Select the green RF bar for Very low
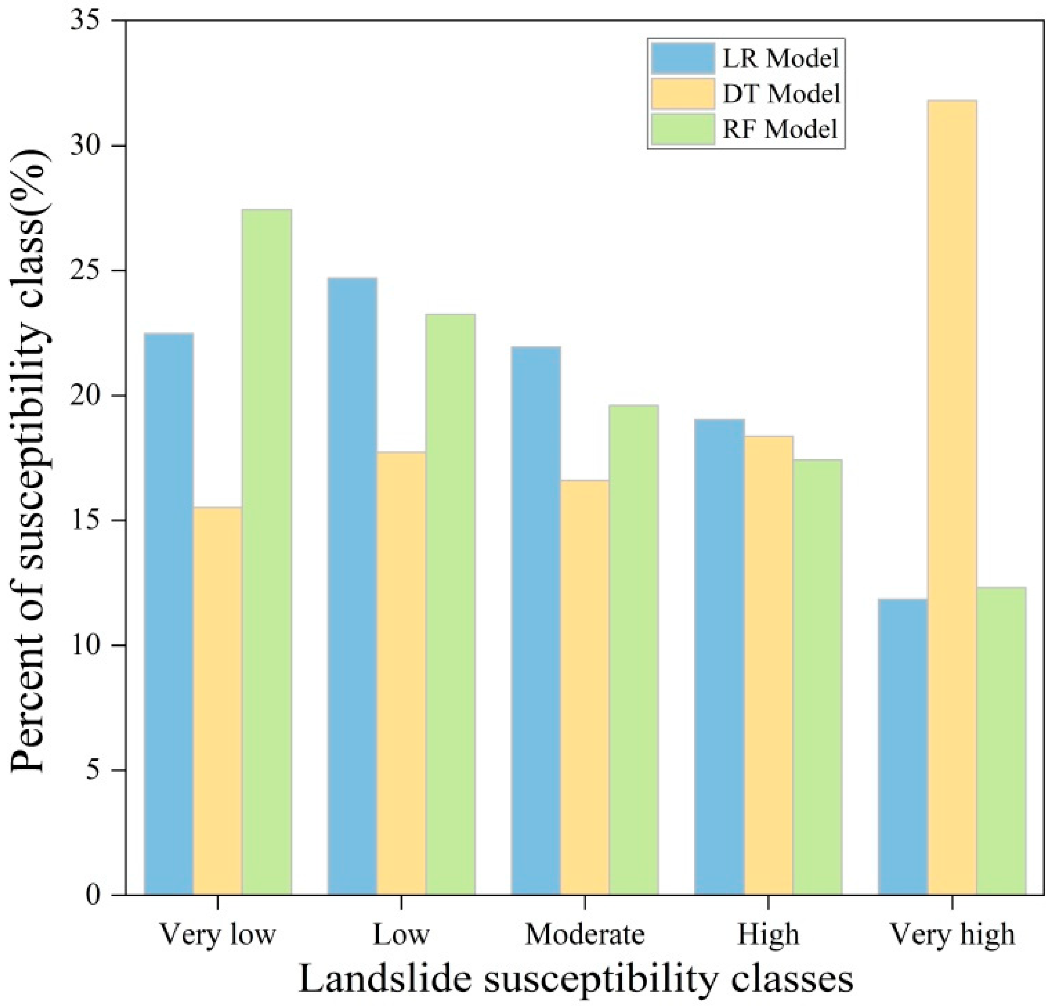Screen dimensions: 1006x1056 pos(267,552)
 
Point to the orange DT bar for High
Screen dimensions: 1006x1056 pos(768,665)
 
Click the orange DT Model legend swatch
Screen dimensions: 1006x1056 pos(683,94)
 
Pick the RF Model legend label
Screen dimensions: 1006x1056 pos(779,129)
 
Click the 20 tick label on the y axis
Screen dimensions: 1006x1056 pos(86,396)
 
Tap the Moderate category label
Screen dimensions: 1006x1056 pos(585,935)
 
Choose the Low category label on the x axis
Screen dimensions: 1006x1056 pos(401,935)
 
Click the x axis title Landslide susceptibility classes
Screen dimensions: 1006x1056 pos(576,979)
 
